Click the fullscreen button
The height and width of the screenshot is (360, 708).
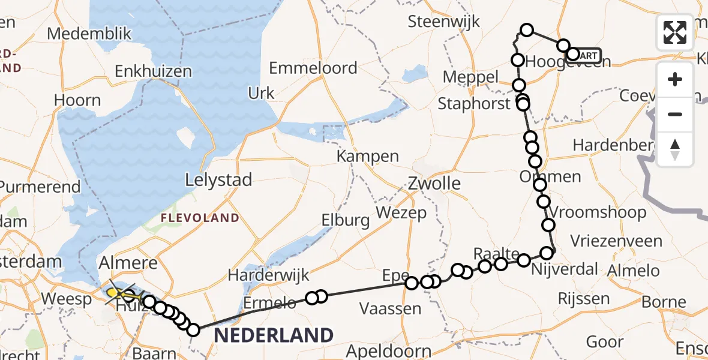click(x=675, y=32)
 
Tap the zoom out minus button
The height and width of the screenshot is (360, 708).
click(x=675, y=114)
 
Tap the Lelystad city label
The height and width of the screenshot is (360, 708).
click(x=218, y=180)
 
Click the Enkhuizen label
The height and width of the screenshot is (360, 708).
click(x=153, y=71)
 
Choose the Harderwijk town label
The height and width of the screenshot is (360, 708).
click(x=269, y=275)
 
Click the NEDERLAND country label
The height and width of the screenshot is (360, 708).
click(x=274, y=335)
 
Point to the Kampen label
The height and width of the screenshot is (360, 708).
click(x=367, y=157)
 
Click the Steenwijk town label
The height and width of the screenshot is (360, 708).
click(x=444, y=22)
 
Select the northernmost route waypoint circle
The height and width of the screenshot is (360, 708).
click(x=527, y=30)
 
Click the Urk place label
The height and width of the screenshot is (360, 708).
click(x=261, y=93)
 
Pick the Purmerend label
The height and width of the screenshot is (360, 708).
click(x=40, y=187)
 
